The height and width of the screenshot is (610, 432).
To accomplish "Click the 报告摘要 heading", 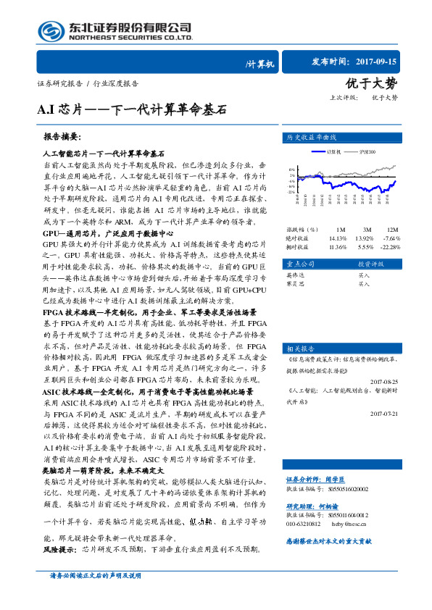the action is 62,137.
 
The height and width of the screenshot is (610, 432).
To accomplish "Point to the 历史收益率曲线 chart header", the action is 312,137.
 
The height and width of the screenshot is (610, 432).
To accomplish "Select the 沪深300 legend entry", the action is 367,151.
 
